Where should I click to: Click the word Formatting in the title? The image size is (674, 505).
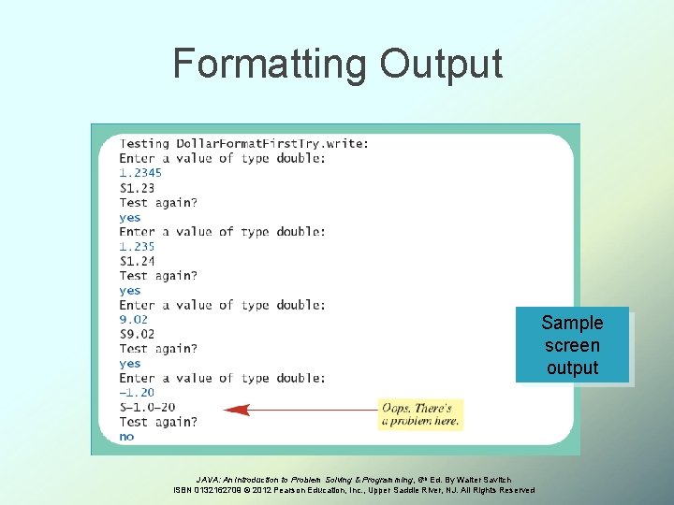[x=271, y=65]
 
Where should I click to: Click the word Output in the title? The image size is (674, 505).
[x=441, y=65]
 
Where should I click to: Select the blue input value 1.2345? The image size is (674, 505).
[x=140, y=173]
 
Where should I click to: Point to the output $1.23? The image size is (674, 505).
[x=138, y=188]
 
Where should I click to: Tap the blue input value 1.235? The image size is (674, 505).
[x=137, y=247]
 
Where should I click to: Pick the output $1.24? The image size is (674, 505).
[x=138, y=261]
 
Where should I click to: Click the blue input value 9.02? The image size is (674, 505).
[x=134, y=320]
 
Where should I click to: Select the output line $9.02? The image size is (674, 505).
[x=138, y=334]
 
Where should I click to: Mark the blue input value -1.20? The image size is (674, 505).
[x=137, y=393]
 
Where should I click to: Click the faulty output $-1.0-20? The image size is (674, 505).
[x=147, y=407]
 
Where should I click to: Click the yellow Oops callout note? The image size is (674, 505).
[x=420, y=414]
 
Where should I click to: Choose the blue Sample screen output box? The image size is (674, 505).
[x=572, y=345]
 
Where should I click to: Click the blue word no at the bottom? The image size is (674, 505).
[x=126, y=437]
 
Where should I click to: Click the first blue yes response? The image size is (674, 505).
[x=129, y=217]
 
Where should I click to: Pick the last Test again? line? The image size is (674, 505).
[x=158, y=422]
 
